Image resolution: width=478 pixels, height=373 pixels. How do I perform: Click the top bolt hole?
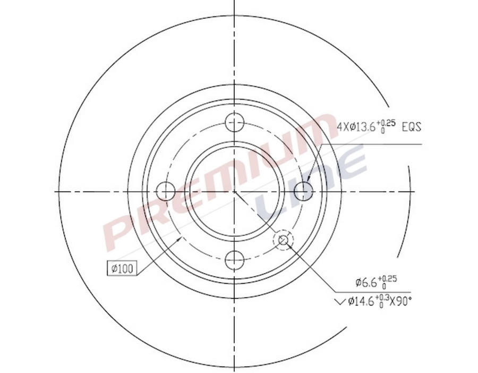(x=234, y=123)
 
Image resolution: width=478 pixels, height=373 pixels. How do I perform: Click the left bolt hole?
(x=167, y=191)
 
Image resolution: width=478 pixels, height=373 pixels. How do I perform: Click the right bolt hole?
(x=303, y=191)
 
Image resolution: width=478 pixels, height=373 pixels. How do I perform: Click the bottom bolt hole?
(x=234, y=260)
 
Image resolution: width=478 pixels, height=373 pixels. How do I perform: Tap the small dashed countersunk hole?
(x=283, y=241)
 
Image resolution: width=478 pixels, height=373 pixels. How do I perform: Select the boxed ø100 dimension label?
(x=122, y=269)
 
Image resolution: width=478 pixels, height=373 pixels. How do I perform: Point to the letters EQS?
(x=411, y=127)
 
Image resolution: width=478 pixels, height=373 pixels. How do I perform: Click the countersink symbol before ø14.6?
(x=340, y=302)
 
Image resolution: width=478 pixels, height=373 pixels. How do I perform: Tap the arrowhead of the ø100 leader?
(x=181, y=240)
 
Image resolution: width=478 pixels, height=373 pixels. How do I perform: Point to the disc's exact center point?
(x=234, y=191)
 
